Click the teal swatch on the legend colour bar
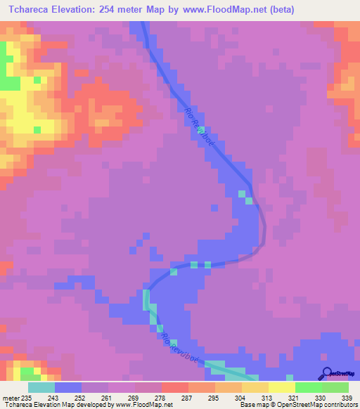point(41,388)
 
